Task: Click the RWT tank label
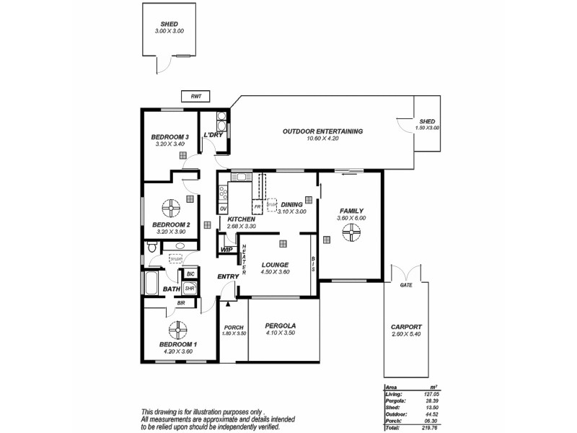[195, 97]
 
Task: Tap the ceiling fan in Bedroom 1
[177, 331]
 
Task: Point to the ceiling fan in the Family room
[351, 231]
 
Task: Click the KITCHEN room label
[241, 219]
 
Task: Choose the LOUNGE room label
[275, 264]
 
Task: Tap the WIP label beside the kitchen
[226, 250]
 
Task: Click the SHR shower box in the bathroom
[189, 288]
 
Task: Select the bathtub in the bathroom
[153, 284]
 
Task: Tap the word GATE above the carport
[405, 285]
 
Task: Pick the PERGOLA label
[281, 325]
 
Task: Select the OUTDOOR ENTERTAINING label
[322, 131]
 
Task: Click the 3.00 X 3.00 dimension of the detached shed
[169, 31]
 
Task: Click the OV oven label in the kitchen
[224, 208]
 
